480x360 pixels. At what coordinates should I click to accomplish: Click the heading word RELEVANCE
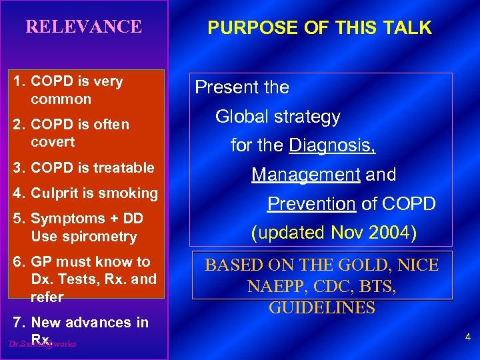pyautogui.click(x=83, y=27)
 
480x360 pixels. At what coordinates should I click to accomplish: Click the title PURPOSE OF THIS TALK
pyautogui.click(x=319, y=28)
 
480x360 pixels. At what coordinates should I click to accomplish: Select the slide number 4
pyautogui.click(x=467, y=337)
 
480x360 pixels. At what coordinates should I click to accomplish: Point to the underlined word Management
pyautogui.click(x=306, y=175)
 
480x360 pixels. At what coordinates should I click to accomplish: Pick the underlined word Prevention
pyautogui.click(x=311, y=204)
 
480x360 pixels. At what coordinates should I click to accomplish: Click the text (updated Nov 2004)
pyautogui.click(x=334, y=233)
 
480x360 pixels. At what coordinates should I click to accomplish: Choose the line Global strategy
pyautogui.click(x=277, y=117)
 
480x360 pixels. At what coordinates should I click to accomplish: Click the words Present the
pyautogui.click(x=242, y=87)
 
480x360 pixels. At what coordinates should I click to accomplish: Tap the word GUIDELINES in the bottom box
pyautogui.click(x=321, y=308)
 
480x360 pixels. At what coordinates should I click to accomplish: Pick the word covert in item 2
pyautogui.click(x=53, y=142)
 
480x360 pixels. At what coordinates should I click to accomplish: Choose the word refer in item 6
pyautogui.click(x=47, y=297)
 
